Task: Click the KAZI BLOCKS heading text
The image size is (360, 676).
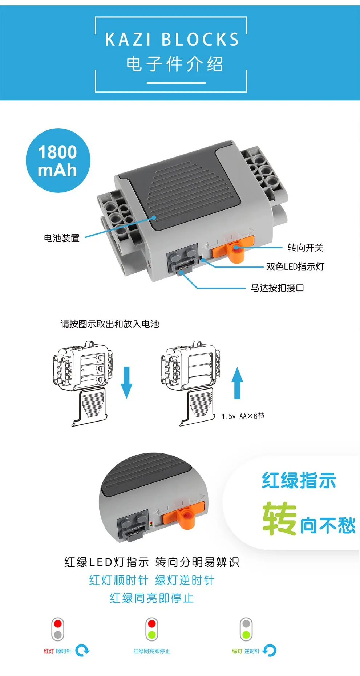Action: pyautogui.click(x=172, y=40)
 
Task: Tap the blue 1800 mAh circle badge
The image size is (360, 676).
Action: pyautogui.click(x=58, y=160)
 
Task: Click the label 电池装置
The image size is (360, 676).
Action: pyautogui.click(x=62, y=238)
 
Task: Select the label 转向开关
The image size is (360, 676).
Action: pyautogui.click(x=305, y=248)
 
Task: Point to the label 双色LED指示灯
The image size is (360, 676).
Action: pyautogui.click(x=295, y=267)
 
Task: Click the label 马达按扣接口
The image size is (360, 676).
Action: pyautogui.click(x=277, y=288)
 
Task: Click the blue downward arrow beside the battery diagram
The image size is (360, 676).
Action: pyautogui.click(x=126, y=382)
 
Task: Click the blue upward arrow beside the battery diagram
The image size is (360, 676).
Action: pyautogui.click(x=237, y=383)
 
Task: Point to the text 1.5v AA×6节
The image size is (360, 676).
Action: pyautogui.click(x=243, y=416)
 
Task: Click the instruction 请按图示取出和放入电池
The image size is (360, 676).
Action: pyautogui.click(x=110, y=324)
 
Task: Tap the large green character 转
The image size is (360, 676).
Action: pyautogui.click(x=279, y=519)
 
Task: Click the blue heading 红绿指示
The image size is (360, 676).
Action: pyautogui.click(x=299, y=480)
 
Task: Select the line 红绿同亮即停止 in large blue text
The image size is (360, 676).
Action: pyautogui.click(x=151, y=598)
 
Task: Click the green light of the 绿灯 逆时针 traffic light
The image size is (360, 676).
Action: pyautogui.click(x=246, y=635)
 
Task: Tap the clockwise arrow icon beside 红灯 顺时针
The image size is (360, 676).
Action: pyautogui.click(x=82, y=650)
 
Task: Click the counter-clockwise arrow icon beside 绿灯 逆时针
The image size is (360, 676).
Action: pyautogui.click(x=270, y=650)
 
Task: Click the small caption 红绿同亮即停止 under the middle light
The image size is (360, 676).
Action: pyautogui.click(x=151, y=651)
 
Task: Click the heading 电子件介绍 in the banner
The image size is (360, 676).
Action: pyautogui.click(x=174, y=64)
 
